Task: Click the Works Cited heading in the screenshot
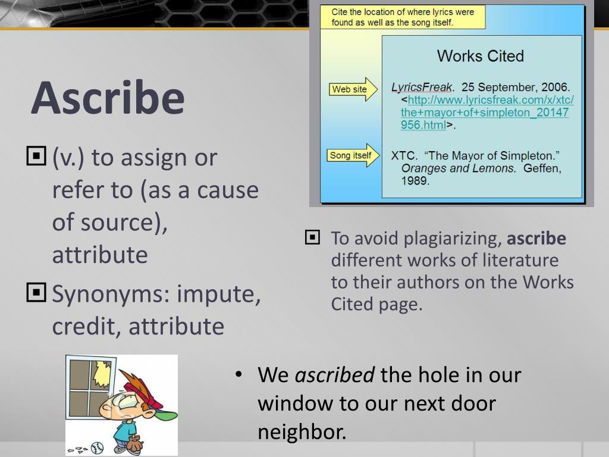pyautogui.click(x=480, y=57)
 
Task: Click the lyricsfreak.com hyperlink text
pyautogui.click(x=485, y=112)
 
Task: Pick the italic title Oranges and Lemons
pyautogui.click(x=459, y=168)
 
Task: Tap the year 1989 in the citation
pyautogui.click(x=415, y=180)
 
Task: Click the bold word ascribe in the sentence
pyautogui.click(x=536, y=239)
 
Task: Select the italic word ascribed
pyautogui.click(x=335, y=375)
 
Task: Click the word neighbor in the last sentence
pyautogui.click(x=302, y=431)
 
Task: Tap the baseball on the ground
pyautogui.click(x=97, y=447)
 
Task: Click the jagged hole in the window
pyautogui.click(x=103, y=372)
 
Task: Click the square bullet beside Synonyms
pyautogui.click(x=36, y=292)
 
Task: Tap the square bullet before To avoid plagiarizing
pyautogui.click(x=312, y=238)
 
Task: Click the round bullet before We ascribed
pyautogui.click(x=238, y=375)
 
